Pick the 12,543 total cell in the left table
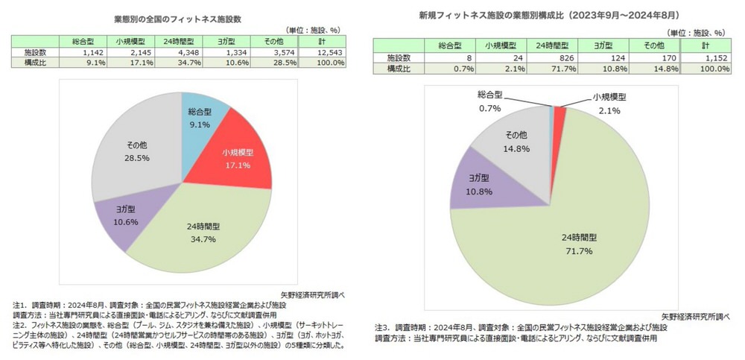[328, 52]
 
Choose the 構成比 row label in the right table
[399, 69]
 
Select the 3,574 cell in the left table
[273, 52]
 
